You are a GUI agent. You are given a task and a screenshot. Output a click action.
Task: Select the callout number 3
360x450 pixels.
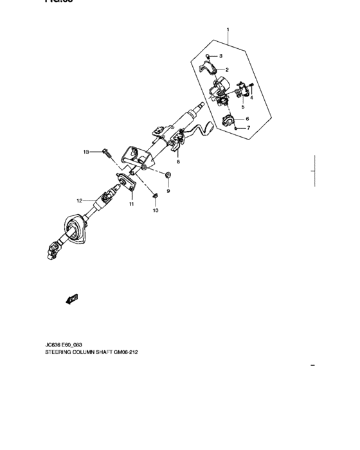(x=221, y=57)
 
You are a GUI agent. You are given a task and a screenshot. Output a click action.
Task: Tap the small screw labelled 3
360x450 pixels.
(x=208, y=57)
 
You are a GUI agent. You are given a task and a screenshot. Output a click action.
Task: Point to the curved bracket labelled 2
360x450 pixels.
(x=210, y=69)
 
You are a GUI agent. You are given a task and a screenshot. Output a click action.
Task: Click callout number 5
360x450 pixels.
(x=242, y=107)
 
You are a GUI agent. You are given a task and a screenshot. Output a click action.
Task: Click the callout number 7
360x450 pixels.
(x=248, y=128)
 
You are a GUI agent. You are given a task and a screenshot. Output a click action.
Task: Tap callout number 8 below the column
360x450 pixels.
(x=178, y=162)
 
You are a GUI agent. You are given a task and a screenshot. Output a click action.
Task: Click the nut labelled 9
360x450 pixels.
(x=168, y=175)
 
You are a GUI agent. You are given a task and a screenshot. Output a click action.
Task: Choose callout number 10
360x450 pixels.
(x=155, y=210)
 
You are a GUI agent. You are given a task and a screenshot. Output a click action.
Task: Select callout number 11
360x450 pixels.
(x=130, y=204)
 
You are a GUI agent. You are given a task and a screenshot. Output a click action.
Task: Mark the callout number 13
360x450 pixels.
(x=86, y=152)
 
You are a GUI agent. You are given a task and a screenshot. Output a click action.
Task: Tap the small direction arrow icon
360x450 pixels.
(x=71, y=298)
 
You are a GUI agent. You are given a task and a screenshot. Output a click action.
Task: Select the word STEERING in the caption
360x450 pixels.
(x=59, y=353)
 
